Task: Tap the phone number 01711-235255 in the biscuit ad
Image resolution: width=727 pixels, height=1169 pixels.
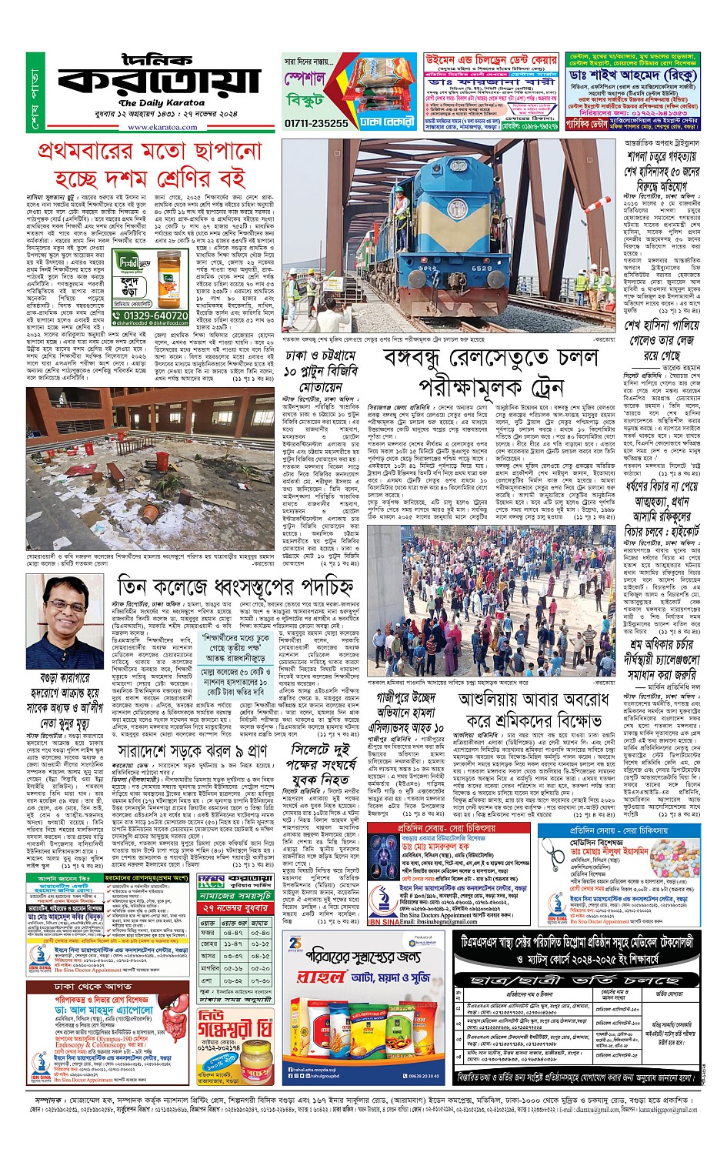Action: [316, 122]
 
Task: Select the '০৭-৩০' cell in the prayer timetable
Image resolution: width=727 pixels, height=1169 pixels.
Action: [260, 980]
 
